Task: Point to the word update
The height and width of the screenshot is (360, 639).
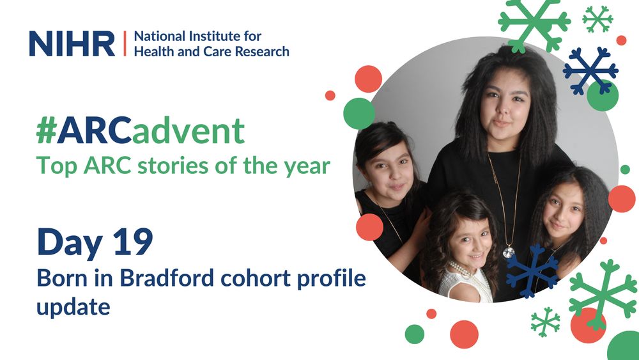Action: pyautogui.click(x=73, y=306)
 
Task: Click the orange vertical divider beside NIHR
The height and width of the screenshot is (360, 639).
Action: pyautogui.click(x=124, y=43)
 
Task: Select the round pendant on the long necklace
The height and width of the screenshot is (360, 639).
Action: pyautogui.click(x=508, y=252)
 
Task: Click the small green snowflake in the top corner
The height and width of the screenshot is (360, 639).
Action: pyautogui.click(x=597, y=19)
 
